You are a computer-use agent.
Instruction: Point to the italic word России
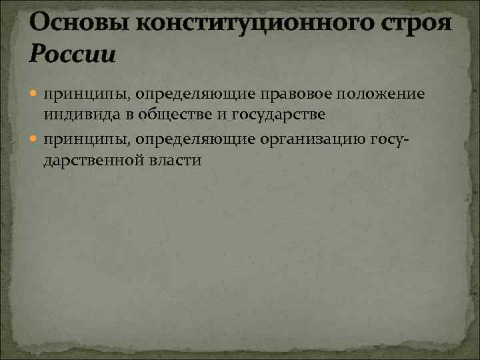[x=72, y=53]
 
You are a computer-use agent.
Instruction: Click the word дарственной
[x=101, y=161]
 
